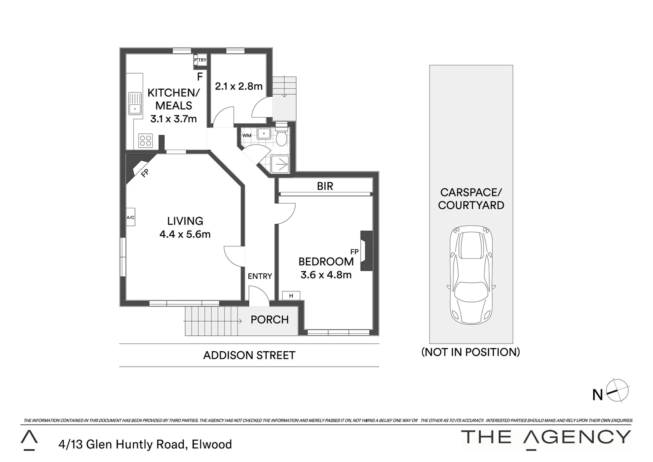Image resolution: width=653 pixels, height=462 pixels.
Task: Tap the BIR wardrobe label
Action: [325, 186]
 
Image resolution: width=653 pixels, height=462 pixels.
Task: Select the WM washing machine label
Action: [247, 136]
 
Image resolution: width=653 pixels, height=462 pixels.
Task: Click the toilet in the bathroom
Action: [281, 137]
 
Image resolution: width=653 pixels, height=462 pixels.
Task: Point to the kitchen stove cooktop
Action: [146, 141]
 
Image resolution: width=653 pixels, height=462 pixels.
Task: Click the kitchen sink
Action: [134, 104]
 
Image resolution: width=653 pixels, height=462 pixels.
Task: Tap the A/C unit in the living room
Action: [130, 218]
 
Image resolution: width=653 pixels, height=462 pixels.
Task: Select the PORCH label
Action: [269, 320]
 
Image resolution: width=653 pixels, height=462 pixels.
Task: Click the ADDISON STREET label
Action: [249, 355]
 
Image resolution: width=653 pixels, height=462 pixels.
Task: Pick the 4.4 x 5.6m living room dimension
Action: [185, 234]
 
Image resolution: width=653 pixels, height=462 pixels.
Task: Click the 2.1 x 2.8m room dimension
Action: [238, 86]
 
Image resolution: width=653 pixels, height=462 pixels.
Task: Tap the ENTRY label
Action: [260, 276]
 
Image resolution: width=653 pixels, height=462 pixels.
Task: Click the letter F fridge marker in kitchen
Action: [200, 77]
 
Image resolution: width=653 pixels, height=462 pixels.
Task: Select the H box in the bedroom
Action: [291, 296]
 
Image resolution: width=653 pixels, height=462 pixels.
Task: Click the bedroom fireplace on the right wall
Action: [366, 251]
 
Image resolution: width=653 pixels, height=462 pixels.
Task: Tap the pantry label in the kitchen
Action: [200, 60]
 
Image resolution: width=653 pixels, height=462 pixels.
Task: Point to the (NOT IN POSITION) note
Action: [471, 352]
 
